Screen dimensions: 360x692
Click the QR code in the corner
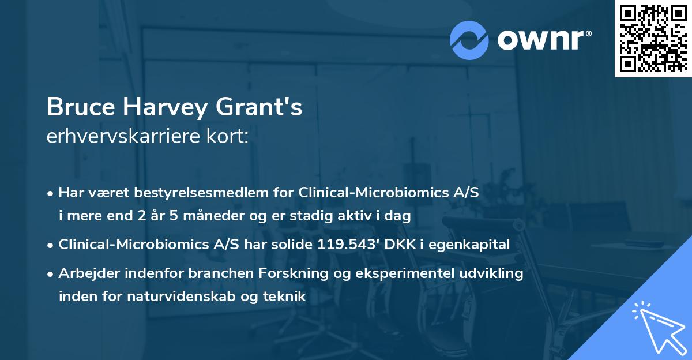pos(653,38)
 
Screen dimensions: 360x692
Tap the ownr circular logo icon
pos(469,40)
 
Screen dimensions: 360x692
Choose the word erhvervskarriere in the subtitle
pos(122,136)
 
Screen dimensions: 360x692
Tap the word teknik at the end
pos(283,296)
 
